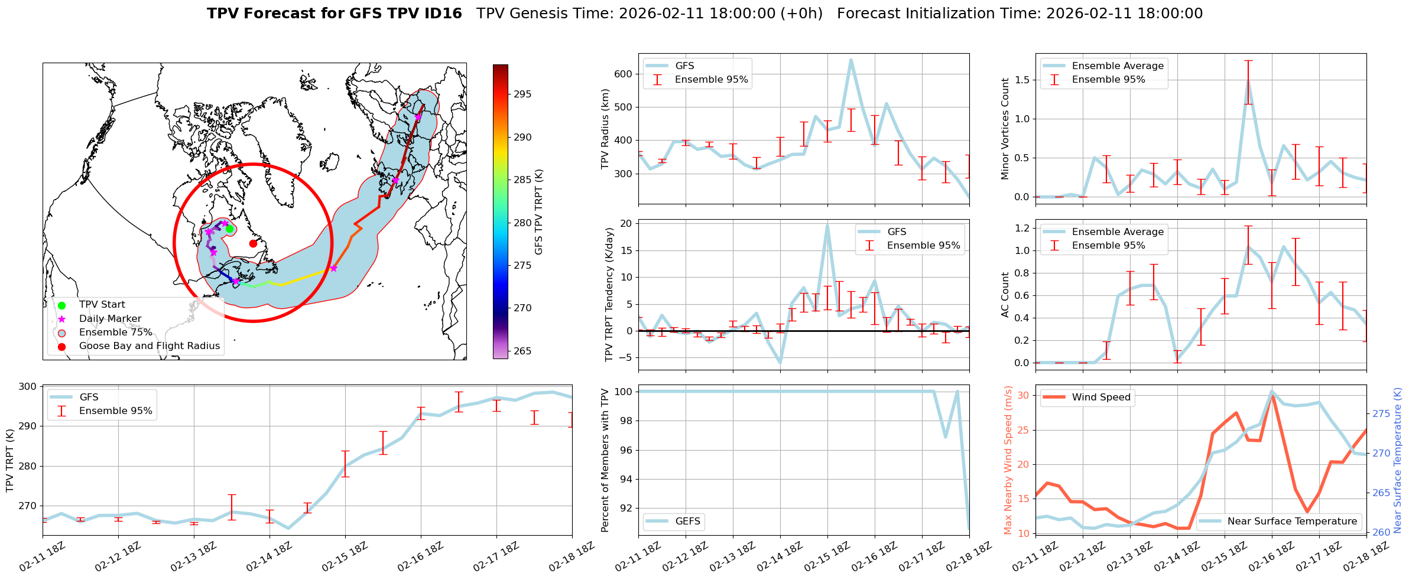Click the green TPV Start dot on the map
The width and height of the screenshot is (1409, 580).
(229, 229)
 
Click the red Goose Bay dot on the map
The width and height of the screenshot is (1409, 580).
(253, 243)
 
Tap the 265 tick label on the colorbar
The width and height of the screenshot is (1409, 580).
(522, 351)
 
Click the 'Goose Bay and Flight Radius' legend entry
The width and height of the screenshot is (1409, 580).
(149, 346)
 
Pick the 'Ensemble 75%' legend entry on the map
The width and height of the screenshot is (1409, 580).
(115, 333)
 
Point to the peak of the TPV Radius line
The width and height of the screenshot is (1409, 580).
(851, 60)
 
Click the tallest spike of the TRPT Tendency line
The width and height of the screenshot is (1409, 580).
(827, 225)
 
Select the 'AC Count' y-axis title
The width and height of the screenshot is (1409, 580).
(1005, 295)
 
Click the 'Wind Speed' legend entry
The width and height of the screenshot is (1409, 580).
(1101, 397)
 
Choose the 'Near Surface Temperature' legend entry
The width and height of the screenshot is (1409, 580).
(1292, 521)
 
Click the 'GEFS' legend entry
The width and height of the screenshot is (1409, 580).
(687, 521)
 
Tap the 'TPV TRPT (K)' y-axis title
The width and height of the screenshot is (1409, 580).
(10, 461)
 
